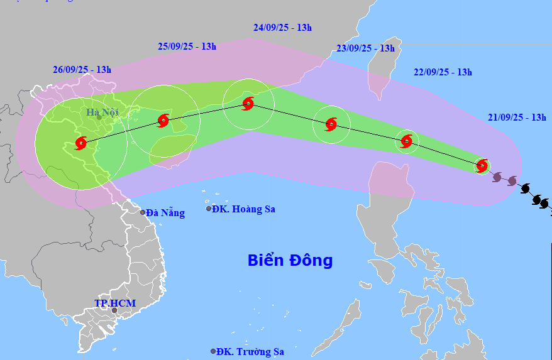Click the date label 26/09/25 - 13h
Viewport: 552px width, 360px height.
[x=82, y=70]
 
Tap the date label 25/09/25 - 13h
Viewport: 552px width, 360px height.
[x=187, y=46]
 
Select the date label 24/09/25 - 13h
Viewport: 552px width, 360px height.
[x=283, y=28]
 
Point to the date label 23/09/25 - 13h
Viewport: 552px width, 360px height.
[x=365, y=48]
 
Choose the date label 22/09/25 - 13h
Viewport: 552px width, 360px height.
[x=443, y=72]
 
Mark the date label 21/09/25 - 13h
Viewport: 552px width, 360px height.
[x=516, y=117]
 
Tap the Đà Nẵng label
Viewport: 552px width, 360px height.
[x=166, y=213]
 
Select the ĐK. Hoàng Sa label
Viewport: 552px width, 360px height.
[x=244, y=209]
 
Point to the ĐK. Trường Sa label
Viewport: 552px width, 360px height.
[x=250, y=352]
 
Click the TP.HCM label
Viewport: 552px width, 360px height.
[x=115, y=303]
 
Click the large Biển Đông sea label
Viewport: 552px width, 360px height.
[x=290, y=260]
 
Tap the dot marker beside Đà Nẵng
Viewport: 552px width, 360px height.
[x=143, y=213]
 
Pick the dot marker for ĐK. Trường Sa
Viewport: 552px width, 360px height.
[x=214, y=351]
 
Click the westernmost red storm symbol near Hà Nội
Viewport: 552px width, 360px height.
[x=81, y=143]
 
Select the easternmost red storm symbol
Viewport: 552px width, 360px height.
[x=482, y=166]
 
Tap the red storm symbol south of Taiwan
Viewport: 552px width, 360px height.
[x=407, y=141]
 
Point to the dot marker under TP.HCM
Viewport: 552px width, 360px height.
[x=114, y=310]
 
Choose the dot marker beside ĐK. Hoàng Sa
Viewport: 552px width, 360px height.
[x=209, y=209]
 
